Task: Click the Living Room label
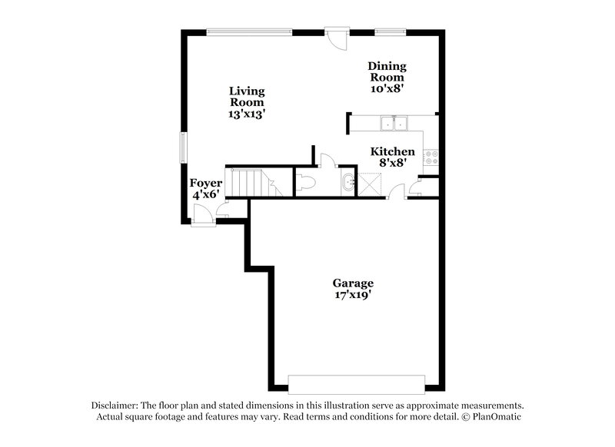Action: [x=247, y=96]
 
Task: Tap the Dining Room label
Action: [x=387, y=71]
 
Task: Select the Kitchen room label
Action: [x=393, y=152]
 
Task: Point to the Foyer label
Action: [x=206, y=184]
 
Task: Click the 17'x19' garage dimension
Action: [x=354, y=294]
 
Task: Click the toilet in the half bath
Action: [x=305, y=183]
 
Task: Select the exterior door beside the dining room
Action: [x=335, y=38]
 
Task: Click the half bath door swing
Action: [x=326, y=160]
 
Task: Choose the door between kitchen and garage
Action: [x=395, y=192]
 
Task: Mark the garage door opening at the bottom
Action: [x=356, y=382]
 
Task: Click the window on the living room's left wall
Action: [x=183, y=147]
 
